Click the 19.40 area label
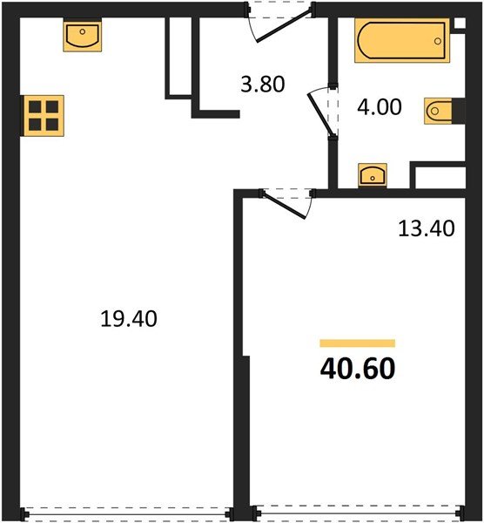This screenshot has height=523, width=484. click(x=128, y=319)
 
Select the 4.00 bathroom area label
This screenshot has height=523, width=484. click(x=379, y=107)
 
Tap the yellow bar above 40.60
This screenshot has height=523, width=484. click(x=357, y=343)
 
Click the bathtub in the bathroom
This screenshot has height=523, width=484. click(x=400, y=42)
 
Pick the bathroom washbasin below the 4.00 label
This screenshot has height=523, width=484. click(x=373, y=174)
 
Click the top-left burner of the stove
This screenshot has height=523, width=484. click(x=36, y=107)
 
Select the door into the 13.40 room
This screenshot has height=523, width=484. click(x=287, y=203)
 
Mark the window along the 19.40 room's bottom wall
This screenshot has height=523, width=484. click(x=128, y=513)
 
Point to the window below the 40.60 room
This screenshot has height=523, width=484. click(x=357, y=513)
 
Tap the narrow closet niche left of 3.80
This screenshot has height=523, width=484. click(x=178, y=54)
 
